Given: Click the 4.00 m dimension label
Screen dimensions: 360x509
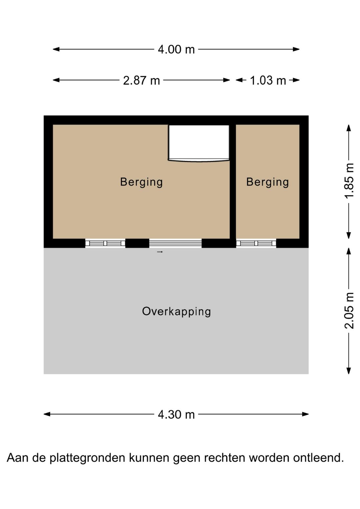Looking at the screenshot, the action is click(176, 49).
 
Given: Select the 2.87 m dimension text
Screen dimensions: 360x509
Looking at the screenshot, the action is click(141, 80).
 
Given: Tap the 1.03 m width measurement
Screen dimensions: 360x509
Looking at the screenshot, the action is click(268, 80).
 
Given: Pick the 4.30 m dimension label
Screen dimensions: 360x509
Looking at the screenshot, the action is click(176, 415).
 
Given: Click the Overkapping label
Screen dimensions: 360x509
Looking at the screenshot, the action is click(176, 312).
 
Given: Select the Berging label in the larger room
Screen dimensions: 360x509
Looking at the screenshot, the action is click(141, 182).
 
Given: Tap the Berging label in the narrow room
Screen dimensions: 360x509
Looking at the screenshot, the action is click(268, 182).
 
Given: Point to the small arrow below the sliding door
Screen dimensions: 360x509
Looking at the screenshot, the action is click(160, 252).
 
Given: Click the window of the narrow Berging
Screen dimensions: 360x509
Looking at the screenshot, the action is click(256, 243).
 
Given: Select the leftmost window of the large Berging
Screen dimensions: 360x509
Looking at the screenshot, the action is click(105, 243).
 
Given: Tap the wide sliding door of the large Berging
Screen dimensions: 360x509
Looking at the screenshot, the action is click(175, 243).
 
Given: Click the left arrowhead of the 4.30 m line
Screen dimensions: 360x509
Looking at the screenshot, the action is click(47, 415).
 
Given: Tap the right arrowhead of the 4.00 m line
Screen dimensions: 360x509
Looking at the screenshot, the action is click(296, 49).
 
